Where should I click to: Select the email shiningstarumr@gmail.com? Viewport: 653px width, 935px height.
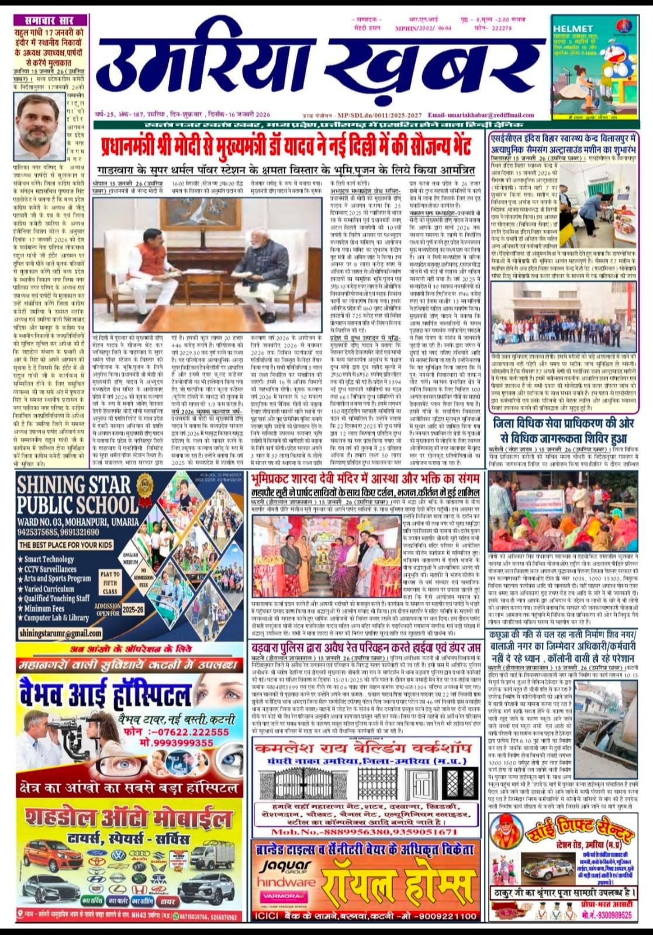60,633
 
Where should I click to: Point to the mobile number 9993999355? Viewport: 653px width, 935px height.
182,743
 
